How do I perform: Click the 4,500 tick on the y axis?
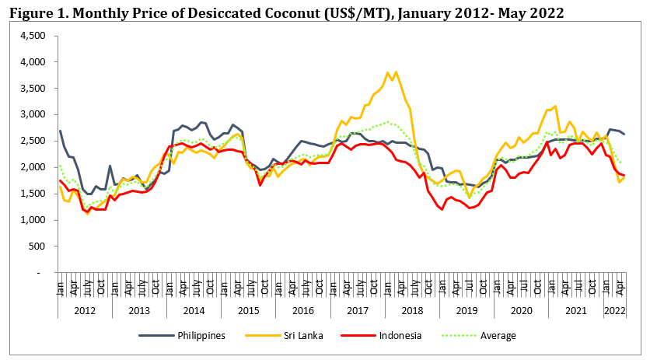pos(36,36)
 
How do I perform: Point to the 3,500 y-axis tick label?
pos(36,89)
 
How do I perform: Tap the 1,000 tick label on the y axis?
pos(36,220)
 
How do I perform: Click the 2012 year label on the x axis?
pos(85,310)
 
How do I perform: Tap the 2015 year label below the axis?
pos(248,310)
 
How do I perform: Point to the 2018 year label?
pos(412,310)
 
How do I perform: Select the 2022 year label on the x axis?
pos(614,310)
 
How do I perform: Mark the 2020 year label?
pos(521,310)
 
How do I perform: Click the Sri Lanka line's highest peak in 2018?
pos(397,72)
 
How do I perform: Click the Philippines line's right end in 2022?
pos(624,135)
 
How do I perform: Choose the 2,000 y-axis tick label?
pos(36,167)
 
